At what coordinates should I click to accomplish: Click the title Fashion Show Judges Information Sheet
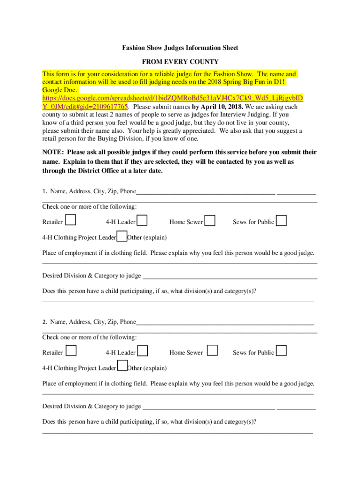pyautogui.click(x=180, y=48)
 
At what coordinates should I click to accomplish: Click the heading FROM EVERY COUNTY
pyautogui.click(x=180, y=62)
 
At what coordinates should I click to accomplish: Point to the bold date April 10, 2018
pyautogui.click(x=217, y=107)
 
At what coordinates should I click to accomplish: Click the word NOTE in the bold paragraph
pyautogui.click(x=52, y=152)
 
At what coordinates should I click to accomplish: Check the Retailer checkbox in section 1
pyautogui.click(x=71, y=220)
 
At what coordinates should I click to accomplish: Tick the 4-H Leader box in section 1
pyautogui.click(x=143, y=220)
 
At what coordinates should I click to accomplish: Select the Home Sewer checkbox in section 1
pyautogui.click(x=210, y=220)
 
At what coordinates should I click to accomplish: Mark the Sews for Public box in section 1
pyautogui.click(x=281, y=220)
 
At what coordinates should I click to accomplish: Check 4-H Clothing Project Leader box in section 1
pyautogui.click(x=122, y=237)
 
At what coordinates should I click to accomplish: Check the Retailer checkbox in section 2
pyautogui.click(x=71, y=350)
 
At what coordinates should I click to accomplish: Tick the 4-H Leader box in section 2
pyautogui.click(x=143, y=350)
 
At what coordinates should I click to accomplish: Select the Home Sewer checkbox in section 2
pyautogui.click(x=212, y=350)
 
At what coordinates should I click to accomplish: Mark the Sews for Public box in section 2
pyautogui.click(x=281, y=350)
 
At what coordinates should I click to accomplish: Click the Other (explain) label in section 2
pyautogui.click(x=147, y=368)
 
